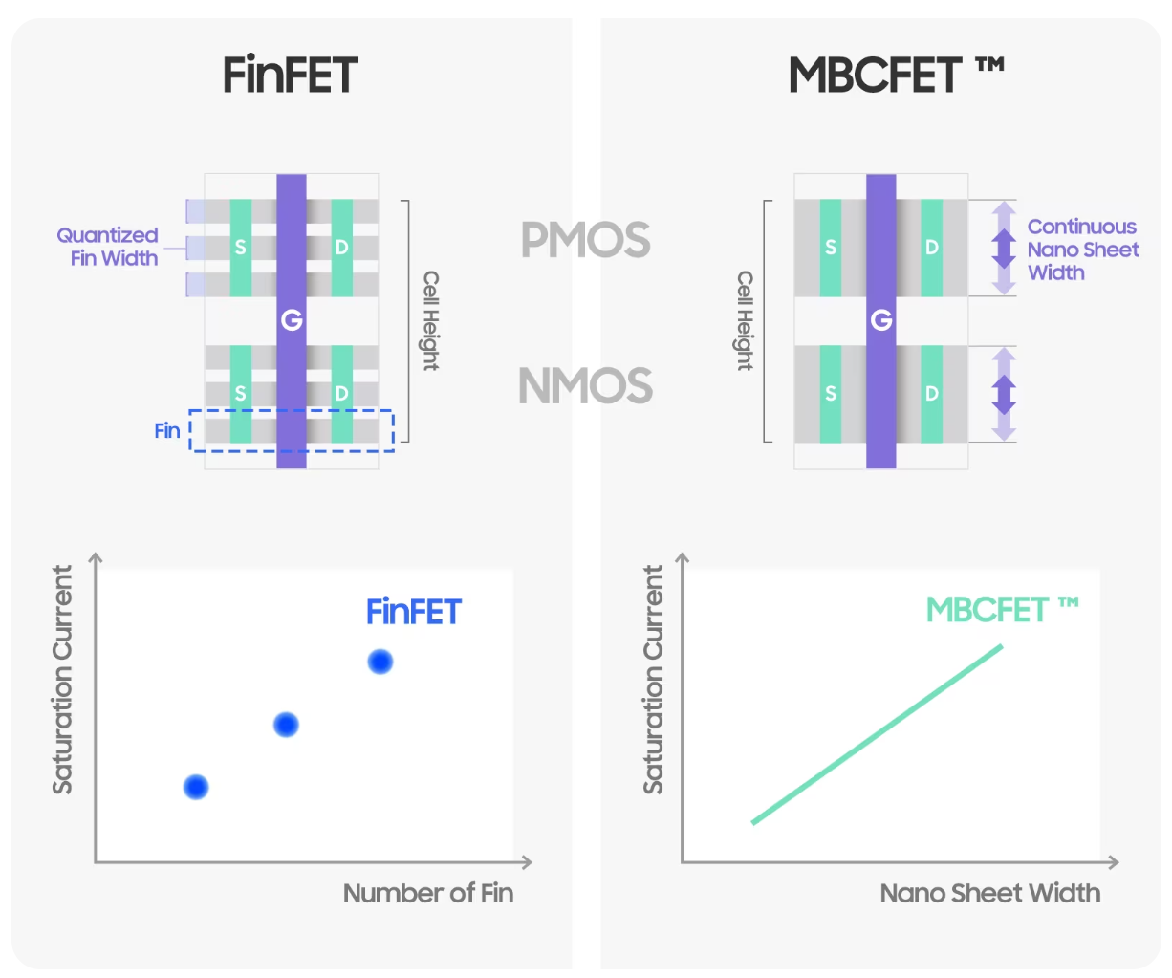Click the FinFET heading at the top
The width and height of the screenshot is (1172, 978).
point(291,75)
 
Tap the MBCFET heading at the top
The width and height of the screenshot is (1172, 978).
point(895,75)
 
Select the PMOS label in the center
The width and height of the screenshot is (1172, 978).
point(585,240)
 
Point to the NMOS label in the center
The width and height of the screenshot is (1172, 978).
point(585,386)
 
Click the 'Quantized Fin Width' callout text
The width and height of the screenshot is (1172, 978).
point(108,247)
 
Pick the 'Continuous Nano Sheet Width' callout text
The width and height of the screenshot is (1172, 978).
point(1082,250)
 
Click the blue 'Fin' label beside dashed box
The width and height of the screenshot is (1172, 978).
point(167,431)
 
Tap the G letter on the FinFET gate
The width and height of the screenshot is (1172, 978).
point(292,320)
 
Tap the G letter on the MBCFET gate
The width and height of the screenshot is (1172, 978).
point(881,320)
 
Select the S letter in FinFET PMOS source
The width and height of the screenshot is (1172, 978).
point(241,248)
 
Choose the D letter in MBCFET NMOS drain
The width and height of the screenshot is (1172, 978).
point(931,394)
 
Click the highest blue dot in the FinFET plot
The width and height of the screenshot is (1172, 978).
point(380,662)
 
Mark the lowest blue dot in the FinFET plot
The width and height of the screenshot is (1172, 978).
point(196,787)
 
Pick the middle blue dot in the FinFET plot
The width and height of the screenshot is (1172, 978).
point(286,725)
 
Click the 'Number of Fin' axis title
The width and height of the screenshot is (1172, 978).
point(428,893)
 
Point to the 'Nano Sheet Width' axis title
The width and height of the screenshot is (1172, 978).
point(989,893)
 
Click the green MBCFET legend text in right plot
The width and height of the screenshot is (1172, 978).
point(1002,609)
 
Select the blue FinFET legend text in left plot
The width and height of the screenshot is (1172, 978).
point(414,612)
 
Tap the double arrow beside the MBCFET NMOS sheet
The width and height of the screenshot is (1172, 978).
point(1003,394)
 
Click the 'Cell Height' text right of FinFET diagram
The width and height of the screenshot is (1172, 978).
point(431,320)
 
